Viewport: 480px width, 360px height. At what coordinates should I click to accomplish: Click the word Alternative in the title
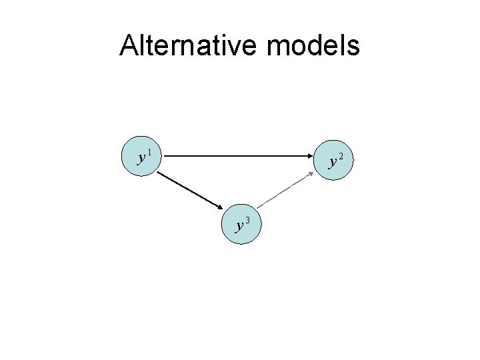coord(183,46)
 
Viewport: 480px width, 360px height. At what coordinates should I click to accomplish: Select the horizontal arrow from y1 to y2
coord(233,157)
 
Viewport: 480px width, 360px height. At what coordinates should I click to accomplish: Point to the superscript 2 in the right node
coord(341,156)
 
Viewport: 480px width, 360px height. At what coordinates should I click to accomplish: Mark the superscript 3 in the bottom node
coord(247,220)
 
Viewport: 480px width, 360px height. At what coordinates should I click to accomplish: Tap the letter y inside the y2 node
coord(332,162)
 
